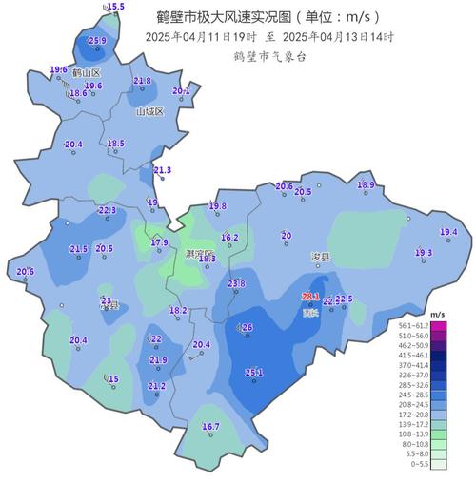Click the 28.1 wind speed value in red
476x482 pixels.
[311, 296]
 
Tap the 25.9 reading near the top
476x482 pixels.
[97, 41]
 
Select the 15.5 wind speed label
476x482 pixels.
[115, 7]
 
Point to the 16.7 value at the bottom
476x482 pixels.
[210, 427]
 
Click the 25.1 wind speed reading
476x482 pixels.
[253, 373]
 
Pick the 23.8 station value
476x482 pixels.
[236, 283]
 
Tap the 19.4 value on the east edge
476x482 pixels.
[448, 232]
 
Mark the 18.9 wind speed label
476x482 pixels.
[366, 185]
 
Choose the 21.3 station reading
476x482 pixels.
[162, 170]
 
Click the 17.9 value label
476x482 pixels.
[160, 243]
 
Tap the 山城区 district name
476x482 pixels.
[149, 111]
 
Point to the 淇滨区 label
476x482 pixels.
[199, 255]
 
